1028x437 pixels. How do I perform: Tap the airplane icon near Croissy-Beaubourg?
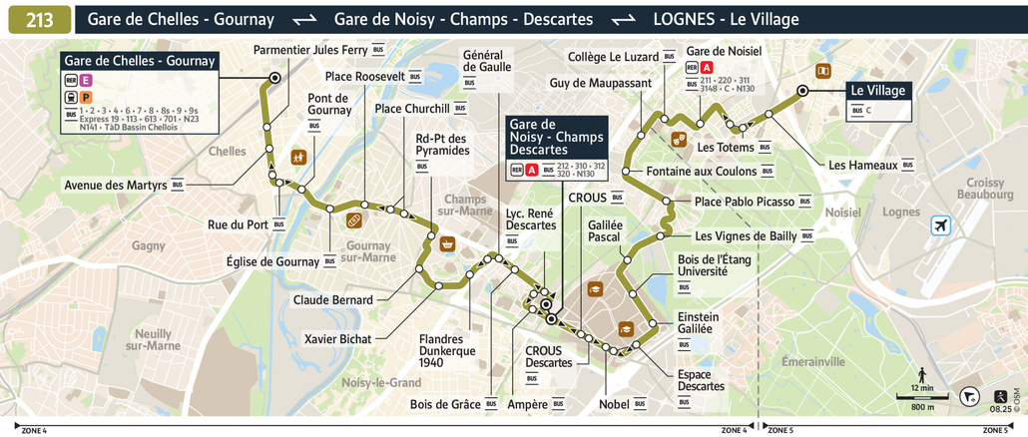click(940, 226)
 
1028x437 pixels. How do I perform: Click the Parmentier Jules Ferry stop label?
click(310, 49)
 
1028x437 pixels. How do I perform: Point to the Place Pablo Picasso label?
click(745, 202)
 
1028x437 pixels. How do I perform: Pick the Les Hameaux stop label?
click(864, 165)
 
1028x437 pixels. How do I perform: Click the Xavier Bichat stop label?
click(337, 339)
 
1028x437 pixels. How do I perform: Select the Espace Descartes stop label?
click(701, 380)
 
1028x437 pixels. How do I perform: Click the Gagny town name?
click(148, 245)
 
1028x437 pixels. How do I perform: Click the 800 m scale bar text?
click(922, 407)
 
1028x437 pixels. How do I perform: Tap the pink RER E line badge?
click(87, 80)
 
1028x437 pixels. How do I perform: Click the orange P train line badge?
click(87, 98)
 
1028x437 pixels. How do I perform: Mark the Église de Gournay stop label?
click(271, 261)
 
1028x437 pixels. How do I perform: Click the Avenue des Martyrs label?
click(116, 185)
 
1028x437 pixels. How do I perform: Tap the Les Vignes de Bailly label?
click(746, 236)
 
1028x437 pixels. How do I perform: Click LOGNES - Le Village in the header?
click(726, 19)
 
